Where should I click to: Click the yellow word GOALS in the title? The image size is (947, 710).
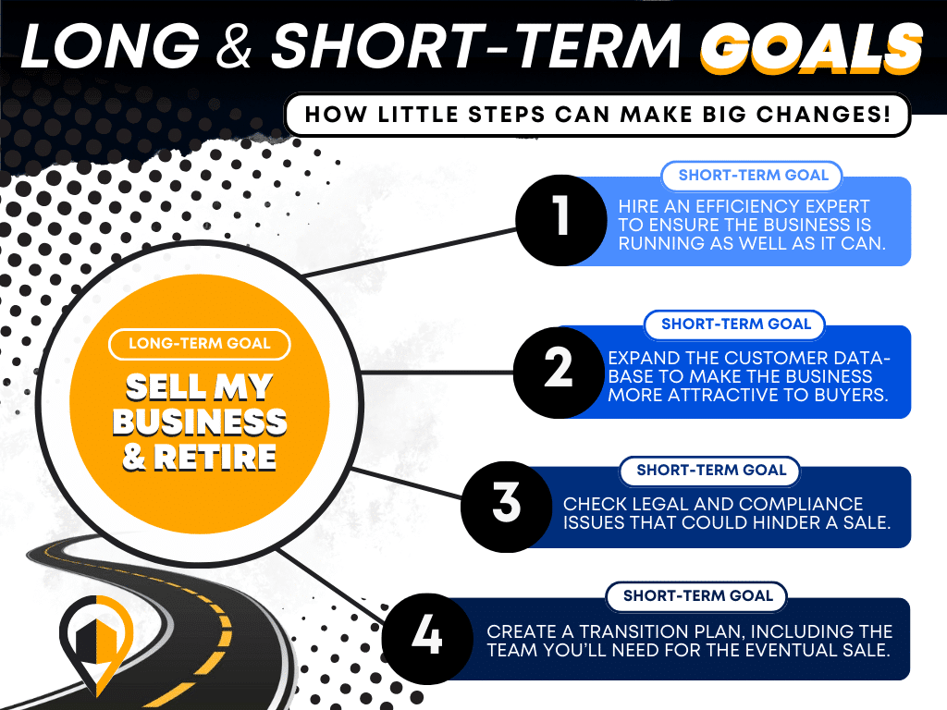pyautogui.click(x=811, y=47)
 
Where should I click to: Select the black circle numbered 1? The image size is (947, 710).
pyautogui.click(x=561, y=220)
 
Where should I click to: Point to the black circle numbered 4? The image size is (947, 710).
pyautogui.click(x=427, y=639)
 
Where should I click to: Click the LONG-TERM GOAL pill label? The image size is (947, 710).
pyautogui.click(x=200, y=344)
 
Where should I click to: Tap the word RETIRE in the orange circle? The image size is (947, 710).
pyautogui.click(x=215, y=457)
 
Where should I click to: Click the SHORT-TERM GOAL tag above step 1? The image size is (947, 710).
pyautogui.click(x=753, y=176)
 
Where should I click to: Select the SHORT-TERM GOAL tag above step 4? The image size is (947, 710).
pyautogui.click(x=697, y=596)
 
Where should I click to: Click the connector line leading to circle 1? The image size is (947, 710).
pyautogui.click(x=409, y=251)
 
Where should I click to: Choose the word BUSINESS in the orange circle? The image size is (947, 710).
pyautogui.click(x=200, y=422)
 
